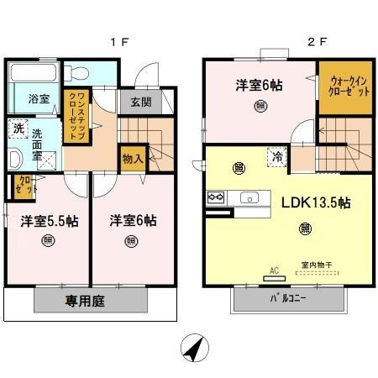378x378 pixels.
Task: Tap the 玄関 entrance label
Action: tap(141, 103)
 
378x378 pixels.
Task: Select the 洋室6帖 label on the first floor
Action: tap(131, 221)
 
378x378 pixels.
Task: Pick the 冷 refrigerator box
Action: tap(276, 155)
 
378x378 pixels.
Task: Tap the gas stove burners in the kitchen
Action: tap(214, 198)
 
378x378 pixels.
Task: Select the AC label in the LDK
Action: tap(273, 271)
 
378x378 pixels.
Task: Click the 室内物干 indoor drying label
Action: tap(315, 265)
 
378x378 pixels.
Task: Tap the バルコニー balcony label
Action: tap(287, 298)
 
